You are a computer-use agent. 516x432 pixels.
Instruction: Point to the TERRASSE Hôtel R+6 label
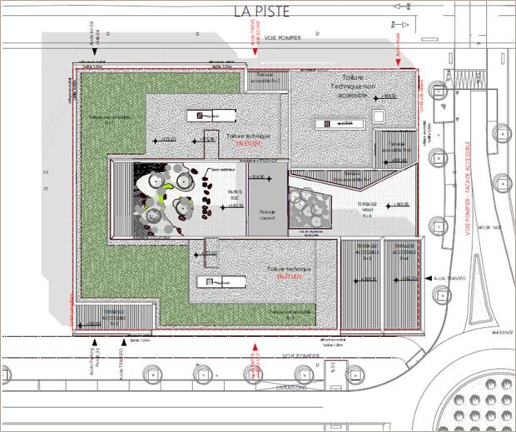(369, 208)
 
